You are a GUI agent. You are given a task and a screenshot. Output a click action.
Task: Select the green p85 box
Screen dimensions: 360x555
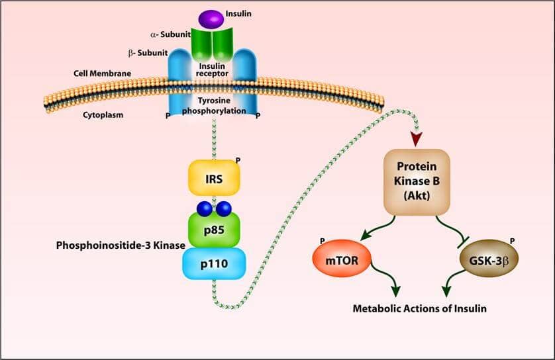tap(214, 229)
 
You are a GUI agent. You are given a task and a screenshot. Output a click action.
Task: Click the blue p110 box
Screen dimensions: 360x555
tap(214, 263)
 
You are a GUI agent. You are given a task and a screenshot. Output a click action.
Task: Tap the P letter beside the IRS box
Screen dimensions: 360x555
tap(238, 160)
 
